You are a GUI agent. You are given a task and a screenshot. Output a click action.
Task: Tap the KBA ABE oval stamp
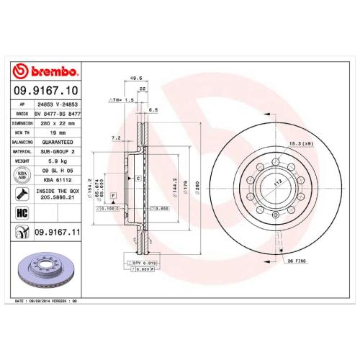point(21,176)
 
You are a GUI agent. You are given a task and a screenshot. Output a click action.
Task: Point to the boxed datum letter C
point(138,176)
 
